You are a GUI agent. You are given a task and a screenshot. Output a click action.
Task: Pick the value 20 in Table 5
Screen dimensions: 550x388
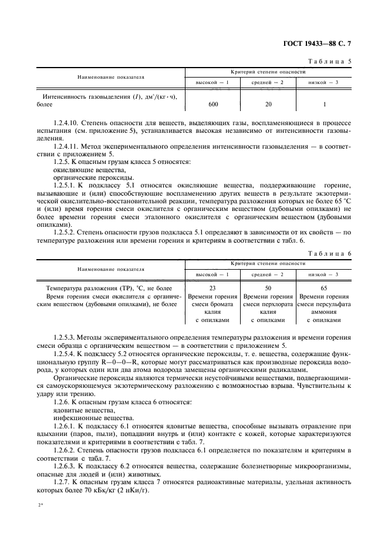[x=268, y=104]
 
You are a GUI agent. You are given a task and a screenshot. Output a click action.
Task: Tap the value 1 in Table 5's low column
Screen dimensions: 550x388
[x=323, y=104]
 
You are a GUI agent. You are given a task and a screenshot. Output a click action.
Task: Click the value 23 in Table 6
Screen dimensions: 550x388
[x=212, y=289]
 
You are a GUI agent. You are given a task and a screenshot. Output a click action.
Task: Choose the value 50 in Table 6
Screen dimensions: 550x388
[x=268, y=289]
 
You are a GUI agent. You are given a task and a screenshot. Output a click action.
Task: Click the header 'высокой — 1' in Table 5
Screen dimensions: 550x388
[x=212, y=82]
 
